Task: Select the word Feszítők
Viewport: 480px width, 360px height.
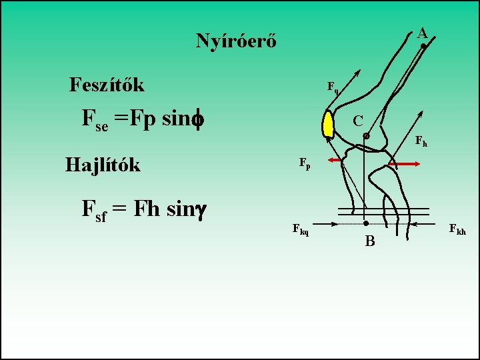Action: [x=107, y=85]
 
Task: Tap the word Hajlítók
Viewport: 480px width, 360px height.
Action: [x=103, y=164]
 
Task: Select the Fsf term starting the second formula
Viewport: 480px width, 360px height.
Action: [x=93, y=211]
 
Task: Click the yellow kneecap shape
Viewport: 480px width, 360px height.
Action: [x=329, y=125]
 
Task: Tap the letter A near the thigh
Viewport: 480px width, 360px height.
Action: [x=422, y=32]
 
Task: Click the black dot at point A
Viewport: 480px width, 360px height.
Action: [x=423, y=45]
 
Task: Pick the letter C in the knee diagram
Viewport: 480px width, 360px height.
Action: [x=358, y=121]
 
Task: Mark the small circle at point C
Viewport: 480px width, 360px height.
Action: [x=366, y=135]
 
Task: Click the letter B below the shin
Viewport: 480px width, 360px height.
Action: [x=370, y=241]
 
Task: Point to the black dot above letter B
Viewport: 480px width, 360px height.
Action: [x=366, y=223]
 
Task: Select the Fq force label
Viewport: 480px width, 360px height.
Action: [x=332, y=87]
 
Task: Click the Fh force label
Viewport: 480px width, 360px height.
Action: [x=421, y=141]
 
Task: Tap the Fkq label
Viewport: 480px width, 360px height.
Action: [x=301, y=229]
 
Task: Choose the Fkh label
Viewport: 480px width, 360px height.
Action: [x=457, y=230]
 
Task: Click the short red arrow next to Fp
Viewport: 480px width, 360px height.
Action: [x=335, y=161]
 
